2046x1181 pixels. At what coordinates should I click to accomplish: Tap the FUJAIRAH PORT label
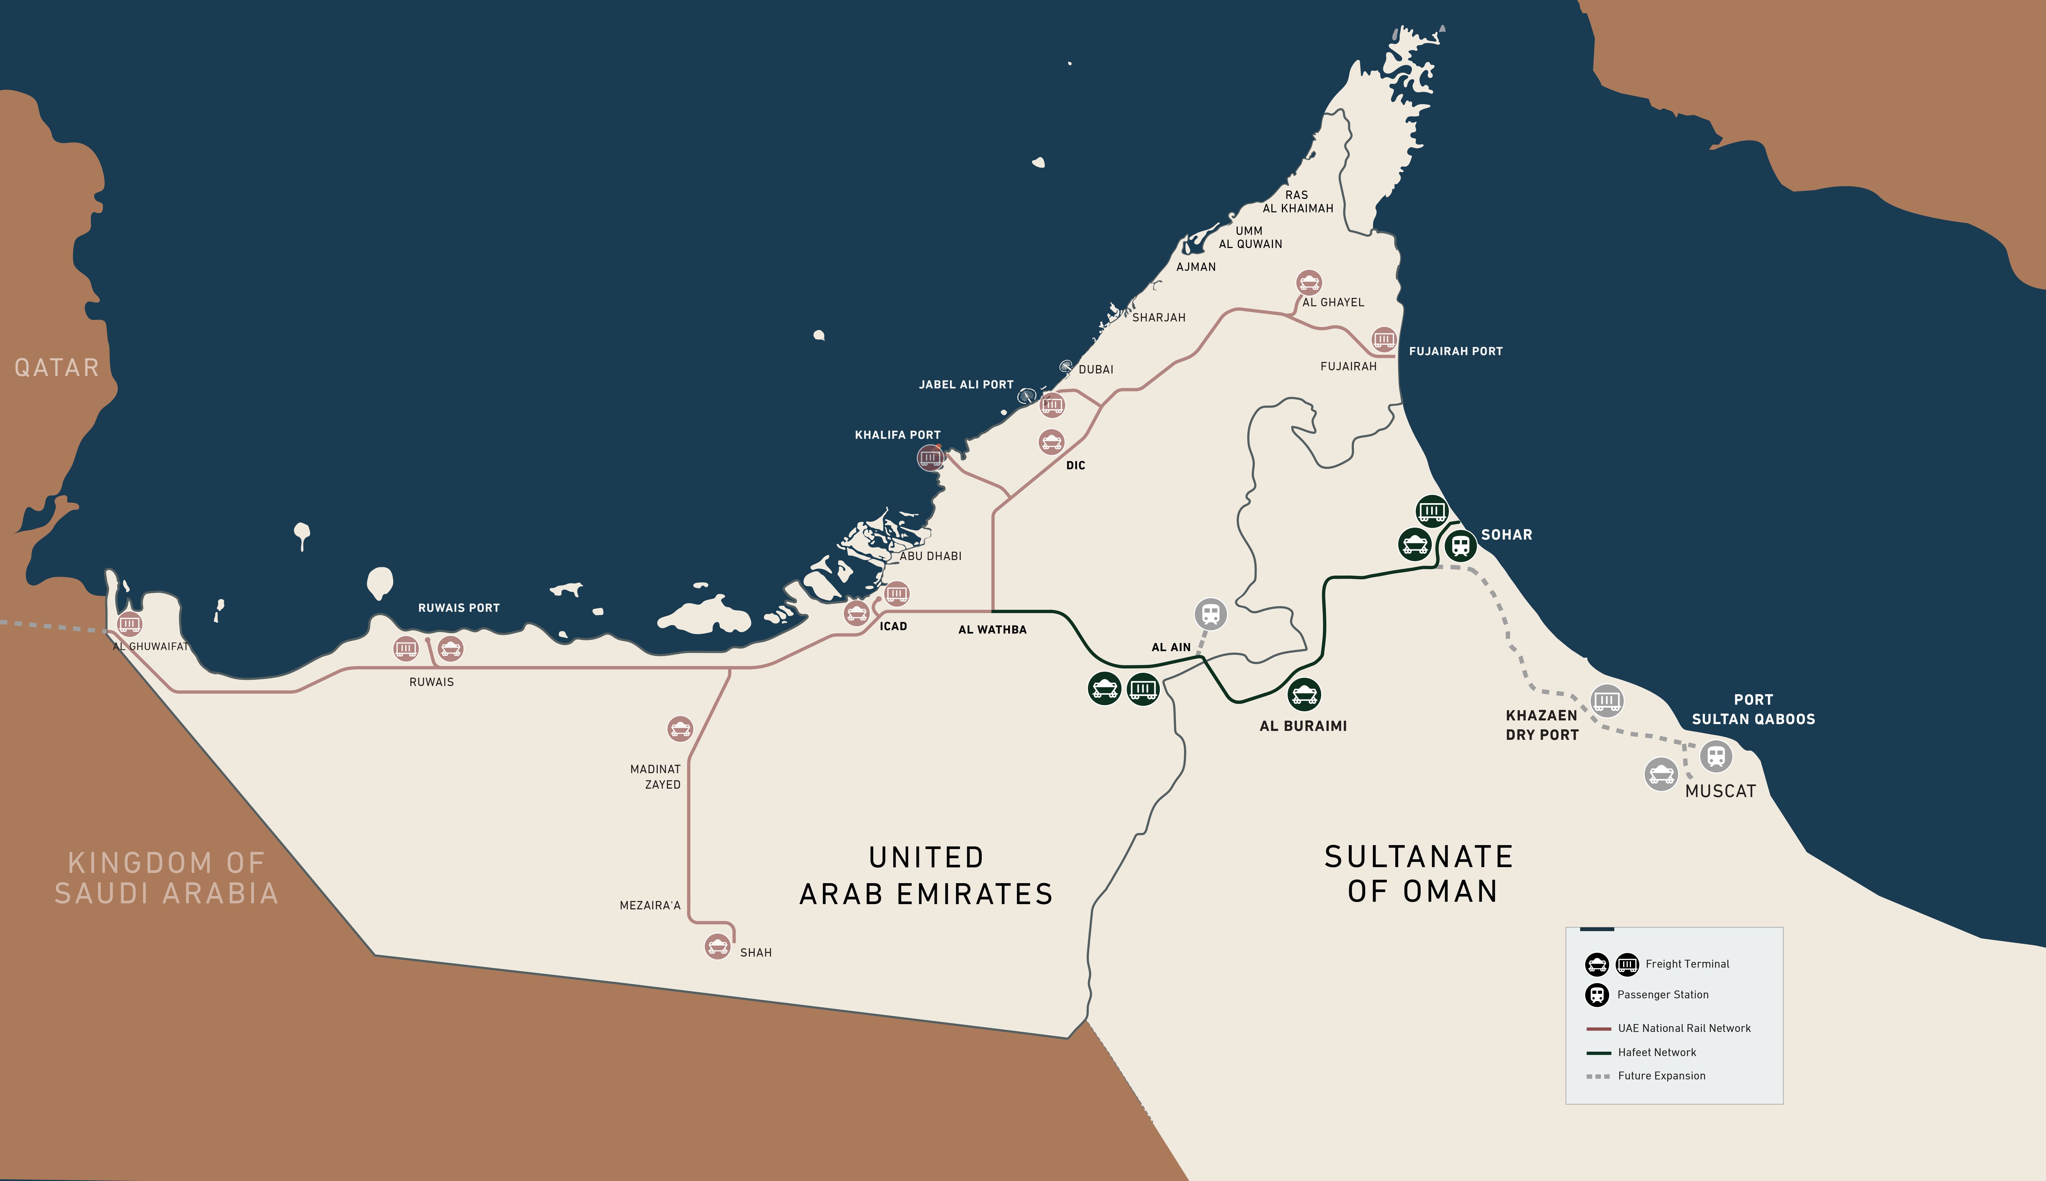click(1455, 351)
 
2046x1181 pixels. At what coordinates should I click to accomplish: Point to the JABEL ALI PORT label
click(965, 384)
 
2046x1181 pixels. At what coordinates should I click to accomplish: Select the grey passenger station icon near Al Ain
click(1210, 614)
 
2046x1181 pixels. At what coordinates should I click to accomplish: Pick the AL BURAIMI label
click(1303, 726)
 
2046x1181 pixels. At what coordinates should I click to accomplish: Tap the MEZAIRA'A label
click(650, 905)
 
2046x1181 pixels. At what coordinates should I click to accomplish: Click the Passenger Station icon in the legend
click(1596, 994)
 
